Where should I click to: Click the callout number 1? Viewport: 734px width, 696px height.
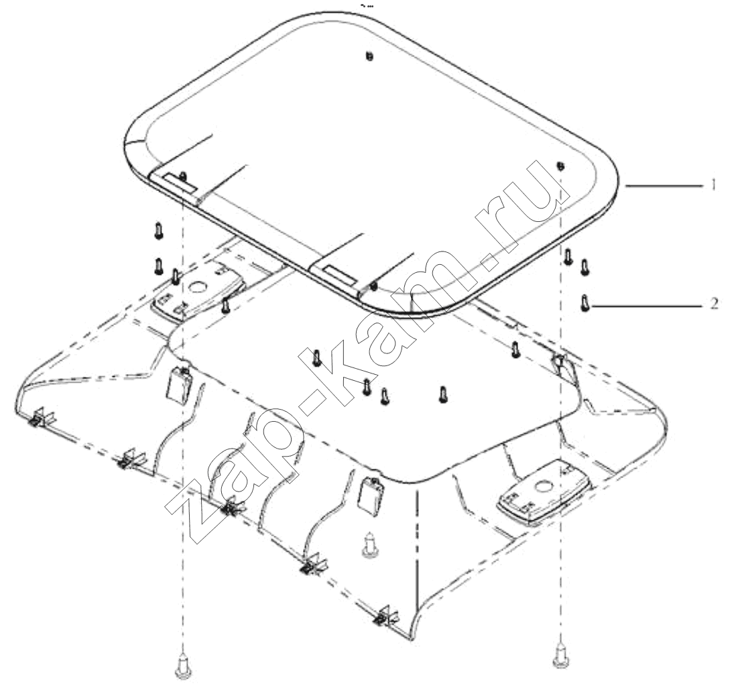click(713, 185)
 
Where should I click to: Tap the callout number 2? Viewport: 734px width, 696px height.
click(714, 304)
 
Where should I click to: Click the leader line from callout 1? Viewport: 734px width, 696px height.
click(665, 186)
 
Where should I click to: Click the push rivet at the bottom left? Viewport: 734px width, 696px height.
click(183, 666)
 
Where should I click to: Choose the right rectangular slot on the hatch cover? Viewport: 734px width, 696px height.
click(342, 274)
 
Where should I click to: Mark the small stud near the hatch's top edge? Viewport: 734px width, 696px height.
click(369, 56)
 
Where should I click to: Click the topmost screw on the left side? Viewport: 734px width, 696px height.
click(158, 231)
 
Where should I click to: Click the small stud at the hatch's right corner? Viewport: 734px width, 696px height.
click(561, 166)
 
